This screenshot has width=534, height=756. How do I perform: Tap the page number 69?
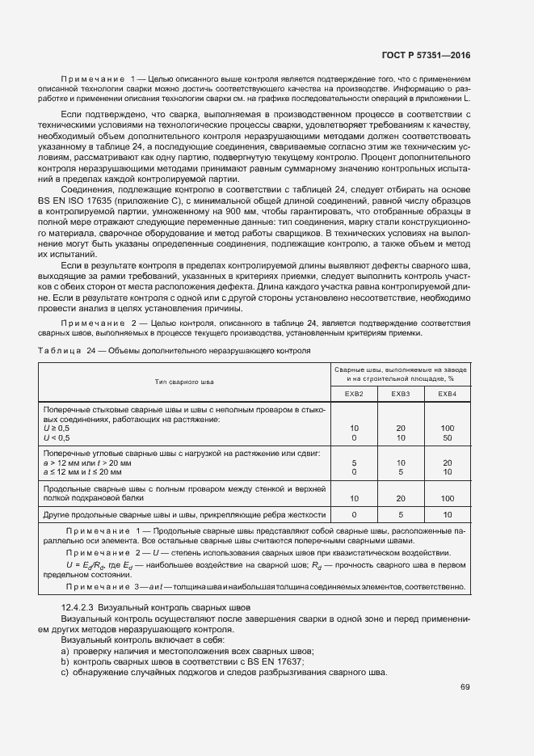click(465, 688)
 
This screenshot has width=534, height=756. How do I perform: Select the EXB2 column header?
click(354, 394)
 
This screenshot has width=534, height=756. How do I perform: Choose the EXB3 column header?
click(401, 394)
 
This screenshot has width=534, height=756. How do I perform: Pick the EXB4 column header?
click(447, 394)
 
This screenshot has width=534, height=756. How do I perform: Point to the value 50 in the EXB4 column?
click(447, 437)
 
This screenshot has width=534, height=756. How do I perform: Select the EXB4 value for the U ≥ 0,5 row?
click(447, 428)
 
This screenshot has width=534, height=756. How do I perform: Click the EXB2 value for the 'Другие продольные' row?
click(354, 514)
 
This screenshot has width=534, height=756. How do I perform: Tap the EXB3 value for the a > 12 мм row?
click(401, 462)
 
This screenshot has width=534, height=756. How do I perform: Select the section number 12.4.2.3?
click(79, 606)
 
